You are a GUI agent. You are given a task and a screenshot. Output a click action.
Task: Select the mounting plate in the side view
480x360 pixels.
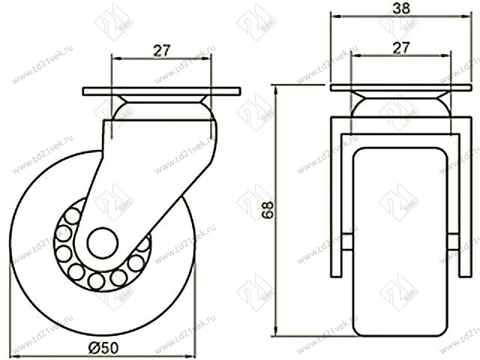click(162, 92)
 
